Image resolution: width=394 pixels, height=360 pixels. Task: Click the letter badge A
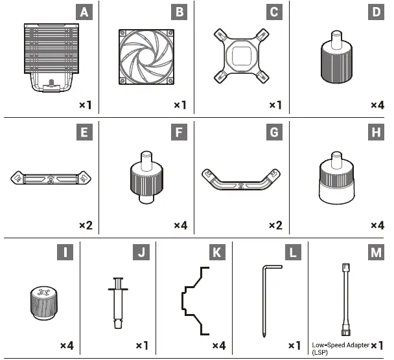(x=84, y=12)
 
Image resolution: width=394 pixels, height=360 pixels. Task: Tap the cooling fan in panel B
(x=146, y=57)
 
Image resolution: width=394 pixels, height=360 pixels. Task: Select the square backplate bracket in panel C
(x=242, y=56)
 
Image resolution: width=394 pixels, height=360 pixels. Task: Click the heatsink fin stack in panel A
(x=51, y=49)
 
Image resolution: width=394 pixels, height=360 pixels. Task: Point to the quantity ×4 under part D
(x=377, y=105)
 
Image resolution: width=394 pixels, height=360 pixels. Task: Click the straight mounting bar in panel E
(x=51, y=178)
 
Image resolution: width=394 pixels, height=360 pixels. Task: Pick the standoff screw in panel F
(x=146, y=177)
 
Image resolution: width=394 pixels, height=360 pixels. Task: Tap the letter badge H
(x=376, y=132)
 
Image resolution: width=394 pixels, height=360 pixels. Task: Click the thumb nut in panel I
(x=43, y=303)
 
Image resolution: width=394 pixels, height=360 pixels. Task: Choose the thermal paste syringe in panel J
(x=118, y=303)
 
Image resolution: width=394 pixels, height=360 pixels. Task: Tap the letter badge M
(x=376, y=253)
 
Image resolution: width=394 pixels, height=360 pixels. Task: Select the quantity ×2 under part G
(x=275, y=225)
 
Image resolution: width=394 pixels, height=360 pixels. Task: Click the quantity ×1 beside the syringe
(x=142, y=346)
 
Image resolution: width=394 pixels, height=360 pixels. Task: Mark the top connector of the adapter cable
(x=346, y=267)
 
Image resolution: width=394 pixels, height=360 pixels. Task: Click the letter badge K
(x=217, y=253)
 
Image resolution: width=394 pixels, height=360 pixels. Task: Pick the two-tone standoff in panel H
(x=337, y=178)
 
